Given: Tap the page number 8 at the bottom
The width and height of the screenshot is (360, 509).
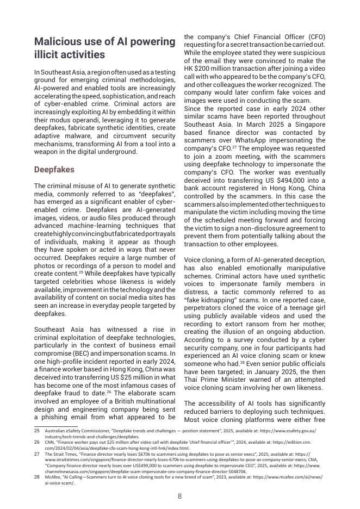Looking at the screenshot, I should (x=180, y=496).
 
